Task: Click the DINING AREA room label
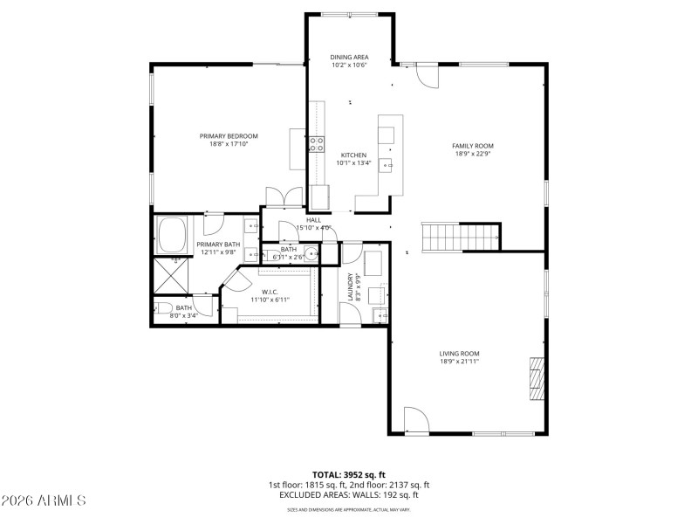(x=348, y=56)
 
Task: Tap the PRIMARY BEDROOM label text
(x=229, y=135)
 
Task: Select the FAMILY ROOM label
(x=473, y=146)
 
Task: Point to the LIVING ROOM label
(x=459, y=354)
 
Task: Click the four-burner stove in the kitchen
(x=316, y=144)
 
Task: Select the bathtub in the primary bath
(x=173, y=235)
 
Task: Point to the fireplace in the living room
(x=537, y=378)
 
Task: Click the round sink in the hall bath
(x=311, y=255)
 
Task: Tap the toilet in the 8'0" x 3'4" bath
(x=164, y=307)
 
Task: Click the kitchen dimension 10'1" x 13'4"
(x=353, y=162)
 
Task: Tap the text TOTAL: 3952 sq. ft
(x=348, y=475)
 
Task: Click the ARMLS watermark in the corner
(x=44, y=501)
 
